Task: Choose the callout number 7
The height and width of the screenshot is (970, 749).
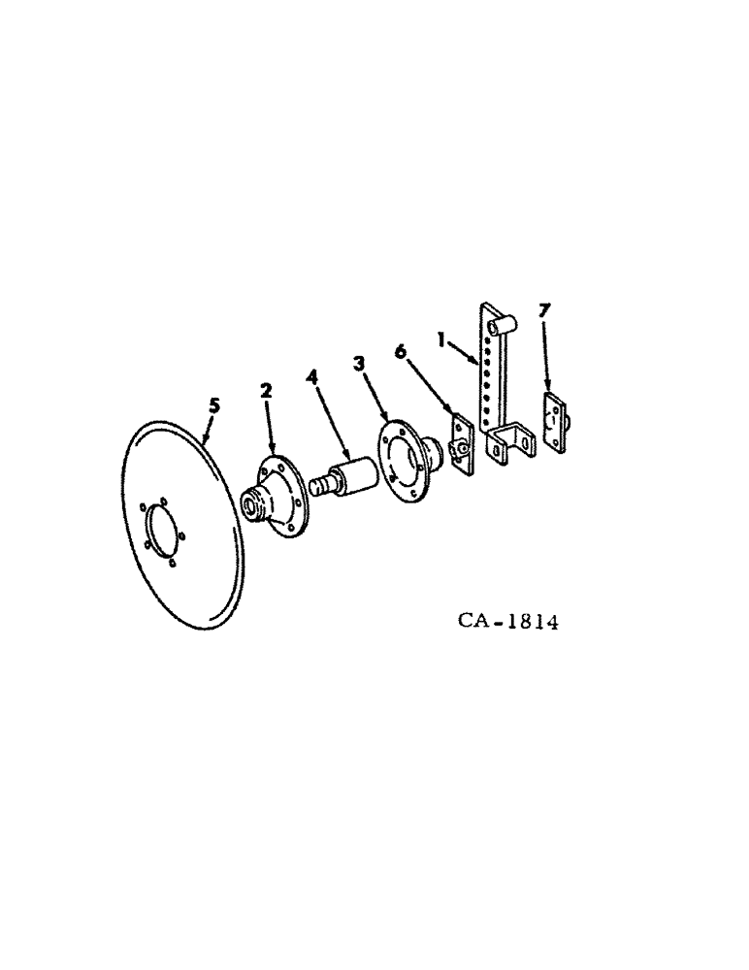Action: pos(543,309)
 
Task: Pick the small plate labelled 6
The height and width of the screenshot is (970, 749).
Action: pos(463,445)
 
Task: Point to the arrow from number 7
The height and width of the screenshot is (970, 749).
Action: pos(546,364)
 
